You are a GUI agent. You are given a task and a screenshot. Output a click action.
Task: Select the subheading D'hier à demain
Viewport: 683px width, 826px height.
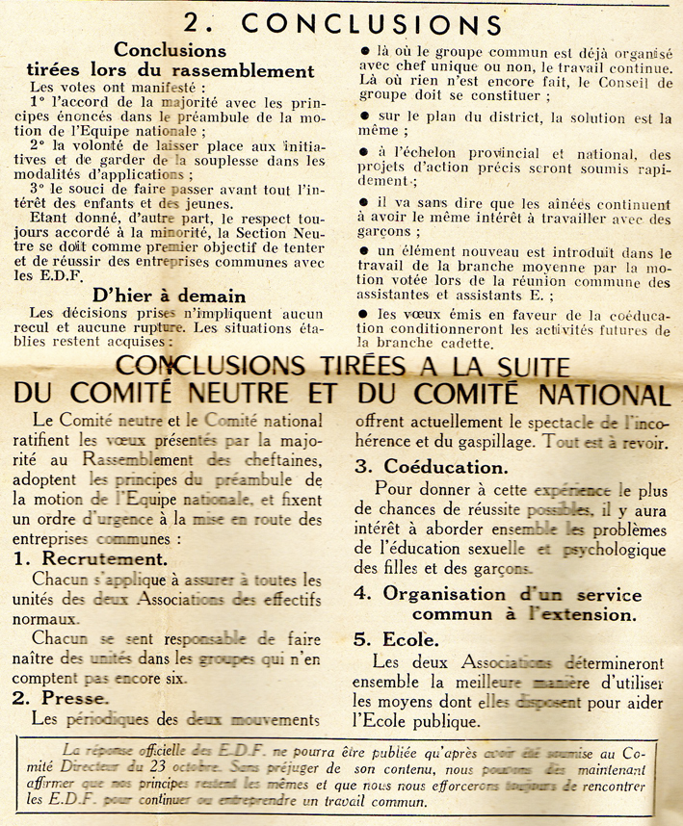170,296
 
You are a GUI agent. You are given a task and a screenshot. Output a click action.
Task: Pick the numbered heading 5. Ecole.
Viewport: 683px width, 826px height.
396,638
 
